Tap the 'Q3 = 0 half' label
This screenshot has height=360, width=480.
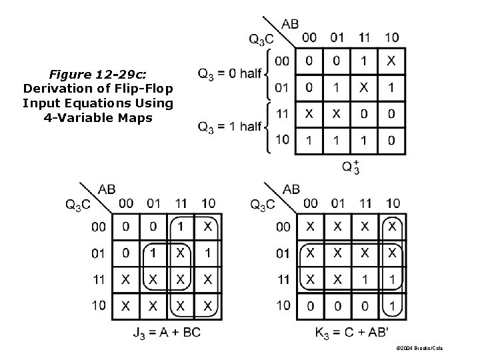(230, 73)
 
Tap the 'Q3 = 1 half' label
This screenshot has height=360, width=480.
(230, 127)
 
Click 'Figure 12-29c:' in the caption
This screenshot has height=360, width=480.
(98, 75)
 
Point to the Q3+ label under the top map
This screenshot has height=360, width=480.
(351, 167)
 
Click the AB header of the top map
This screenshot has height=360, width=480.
(290, 24)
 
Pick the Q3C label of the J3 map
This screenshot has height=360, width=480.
(78, 205)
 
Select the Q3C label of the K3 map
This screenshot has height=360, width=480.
(263, 205)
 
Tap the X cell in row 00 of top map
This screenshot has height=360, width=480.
(391, 61)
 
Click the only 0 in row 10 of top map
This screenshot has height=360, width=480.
(391, 140)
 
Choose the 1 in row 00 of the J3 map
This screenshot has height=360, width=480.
(181, 227)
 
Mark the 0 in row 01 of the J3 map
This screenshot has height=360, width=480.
(126, 253)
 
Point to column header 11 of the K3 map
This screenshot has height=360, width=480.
(365, 203)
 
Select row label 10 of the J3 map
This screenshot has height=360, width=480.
(98, 306)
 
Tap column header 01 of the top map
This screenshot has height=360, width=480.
(337, 37)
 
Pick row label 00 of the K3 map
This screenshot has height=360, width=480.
(283, 227)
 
